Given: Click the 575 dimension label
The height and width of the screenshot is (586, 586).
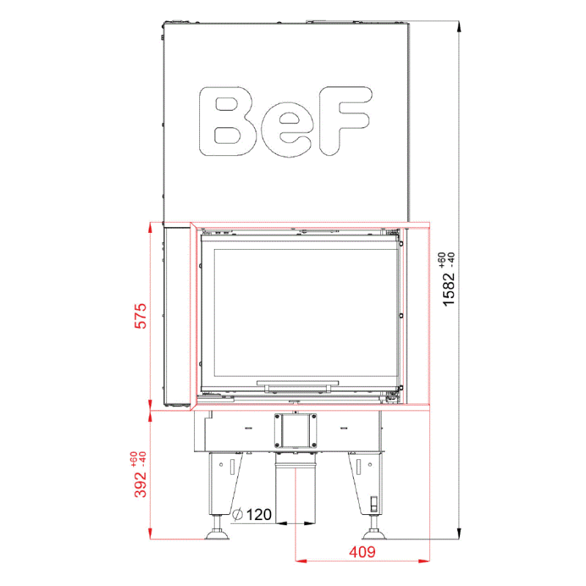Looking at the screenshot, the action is coord(141,316).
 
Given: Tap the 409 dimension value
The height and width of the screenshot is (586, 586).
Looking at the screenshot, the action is coord(362,552).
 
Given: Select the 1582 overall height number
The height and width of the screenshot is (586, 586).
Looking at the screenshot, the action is coord(449,290).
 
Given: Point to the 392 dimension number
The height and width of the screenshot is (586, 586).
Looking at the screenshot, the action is coord(141,484).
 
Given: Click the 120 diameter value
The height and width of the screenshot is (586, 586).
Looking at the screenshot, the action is coord(259,515).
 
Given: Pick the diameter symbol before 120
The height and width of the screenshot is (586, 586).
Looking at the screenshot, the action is coord(237,515).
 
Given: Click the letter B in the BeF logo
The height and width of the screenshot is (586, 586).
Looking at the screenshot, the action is coord(228,122).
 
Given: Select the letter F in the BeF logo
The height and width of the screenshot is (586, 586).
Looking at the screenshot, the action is coord(346,121).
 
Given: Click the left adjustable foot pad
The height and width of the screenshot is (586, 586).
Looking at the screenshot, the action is coord(217,535).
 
